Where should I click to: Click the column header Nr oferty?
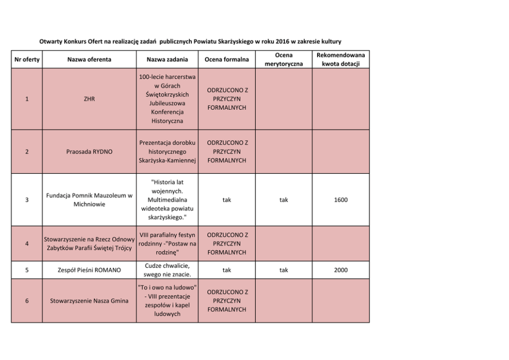27,59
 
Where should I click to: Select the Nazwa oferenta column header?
89,59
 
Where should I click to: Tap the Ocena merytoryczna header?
283,59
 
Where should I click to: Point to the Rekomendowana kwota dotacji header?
341,59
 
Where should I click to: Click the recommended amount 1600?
341,200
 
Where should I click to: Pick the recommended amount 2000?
341,270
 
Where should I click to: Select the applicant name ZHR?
89,99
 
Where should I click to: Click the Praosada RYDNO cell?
89,152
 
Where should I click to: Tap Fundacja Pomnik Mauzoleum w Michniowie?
89,200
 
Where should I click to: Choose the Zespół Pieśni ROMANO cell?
89,270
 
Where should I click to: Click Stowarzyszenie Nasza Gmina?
89,301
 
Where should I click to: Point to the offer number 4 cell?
27,244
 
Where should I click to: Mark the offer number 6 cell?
27,301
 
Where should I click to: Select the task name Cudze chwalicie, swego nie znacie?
167,270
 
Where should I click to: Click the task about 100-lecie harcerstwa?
167,99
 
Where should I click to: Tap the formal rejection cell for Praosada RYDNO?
227,152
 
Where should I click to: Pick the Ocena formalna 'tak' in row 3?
227,200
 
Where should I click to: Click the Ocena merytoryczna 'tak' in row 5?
283,270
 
